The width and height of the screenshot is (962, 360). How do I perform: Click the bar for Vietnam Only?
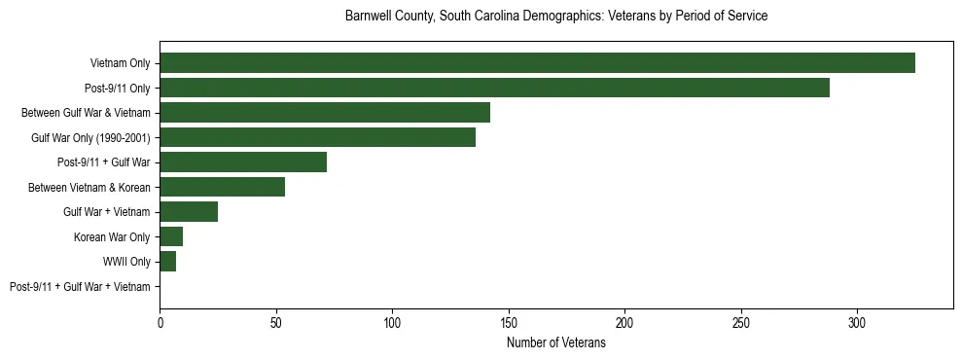tap(537, 63)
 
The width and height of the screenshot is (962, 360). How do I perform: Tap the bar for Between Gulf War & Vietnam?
tap(325, 113)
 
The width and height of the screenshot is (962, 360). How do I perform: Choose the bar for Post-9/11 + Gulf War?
tap(243, 162)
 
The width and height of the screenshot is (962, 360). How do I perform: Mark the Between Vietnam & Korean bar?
tap(222, 187)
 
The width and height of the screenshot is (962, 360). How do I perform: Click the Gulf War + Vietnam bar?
tap(189, 212)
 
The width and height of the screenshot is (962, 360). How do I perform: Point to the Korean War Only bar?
tap(171, 236)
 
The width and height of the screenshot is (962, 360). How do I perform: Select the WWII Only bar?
tap(167, 262)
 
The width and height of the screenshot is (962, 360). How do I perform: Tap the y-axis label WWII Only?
tap(126, 262)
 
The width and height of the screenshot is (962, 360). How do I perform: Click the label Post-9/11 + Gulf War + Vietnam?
tap(80, 287)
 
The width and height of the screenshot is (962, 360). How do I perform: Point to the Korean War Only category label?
tap(112, 237)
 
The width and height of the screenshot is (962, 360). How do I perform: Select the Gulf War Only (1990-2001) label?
tap(90, 138)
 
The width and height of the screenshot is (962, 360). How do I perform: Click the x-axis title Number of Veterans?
tap(556, 342)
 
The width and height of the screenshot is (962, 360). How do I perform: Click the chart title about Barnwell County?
tap(556, 17)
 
